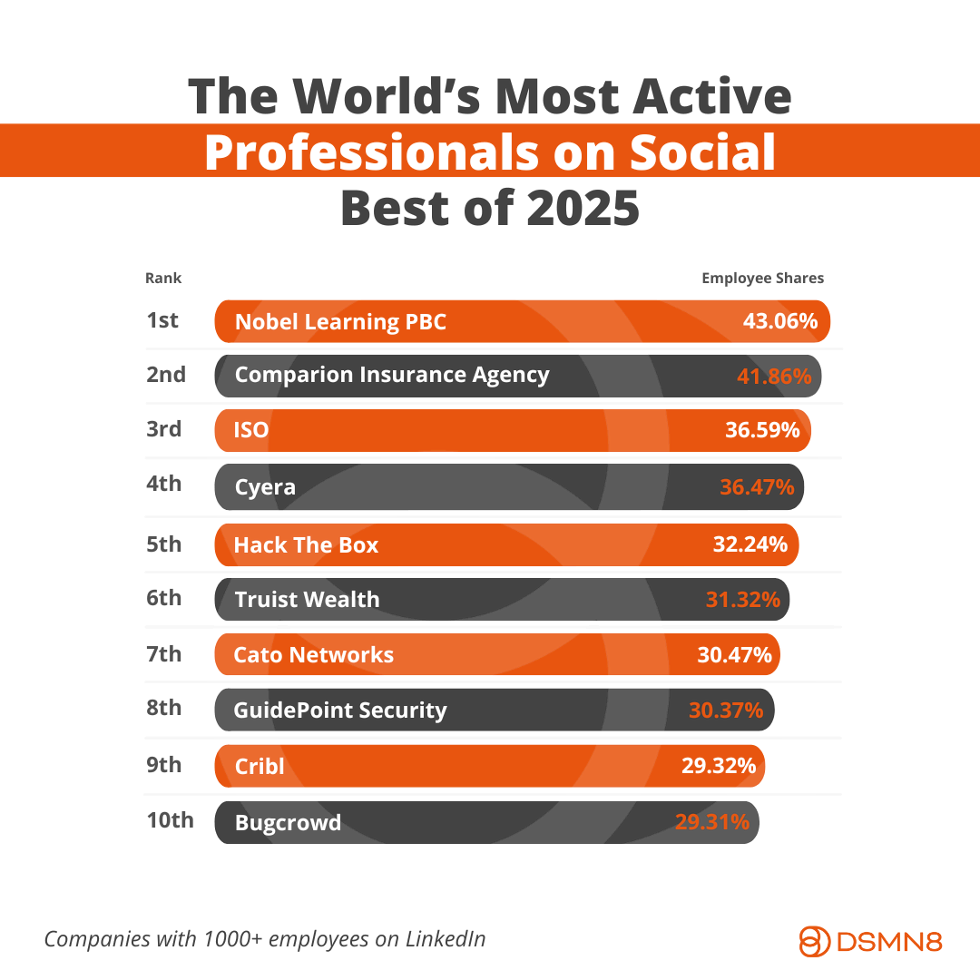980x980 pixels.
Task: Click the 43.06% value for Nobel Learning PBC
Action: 780,321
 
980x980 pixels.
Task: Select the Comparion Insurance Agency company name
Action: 391,375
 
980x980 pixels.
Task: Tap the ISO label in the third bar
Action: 251,430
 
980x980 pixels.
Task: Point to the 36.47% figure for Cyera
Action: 757,486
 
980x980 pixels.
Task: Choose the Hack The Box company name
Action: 306,545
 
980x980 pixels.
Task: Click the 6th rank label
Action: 164,598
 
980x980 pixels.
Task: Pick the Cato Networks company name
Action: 313,654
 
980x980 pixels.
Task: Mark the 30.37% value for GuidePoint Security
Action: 726,710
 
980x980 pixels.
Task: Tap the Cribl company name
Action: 260,766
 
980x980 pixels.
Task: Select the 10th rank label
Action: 170,820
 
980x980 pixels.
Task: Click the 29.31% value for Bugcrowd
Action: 712,822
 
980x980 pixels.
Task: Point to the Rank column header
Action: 163,279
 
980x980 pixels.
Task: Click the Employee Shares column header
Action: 762,279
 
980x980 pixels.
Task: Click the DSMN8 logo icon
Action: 815,941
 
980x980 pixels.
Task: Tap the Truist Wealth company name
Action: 307,599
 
